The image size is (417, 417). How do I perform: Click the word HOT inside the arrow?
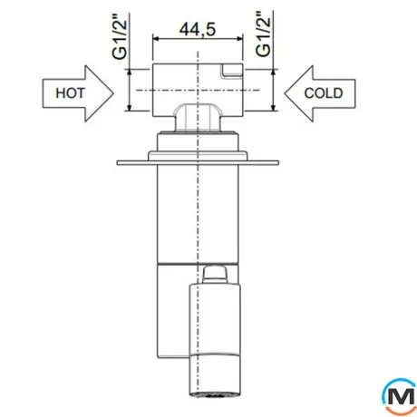[70, 93]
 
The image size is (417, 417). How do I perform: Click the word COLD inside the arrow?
[324, 93]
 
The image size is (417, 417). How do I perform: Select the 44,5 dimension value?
[198, 29]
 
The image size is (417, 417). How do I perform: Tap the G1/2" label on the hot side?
[119, 36]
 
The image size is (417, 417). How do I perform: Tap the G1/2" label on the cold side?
[263, 34]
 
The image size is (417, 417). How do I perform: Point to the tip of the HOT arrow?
[113, 93]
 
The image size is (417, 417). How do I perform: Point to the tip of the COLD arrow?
[285, 93]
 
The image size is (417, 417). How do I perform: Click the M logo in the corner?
[400, 396]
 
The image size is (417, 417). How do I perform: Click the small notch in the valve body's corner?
[232, 72]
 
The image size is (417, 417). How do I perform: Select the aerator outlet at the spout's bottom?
[215, 394]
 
